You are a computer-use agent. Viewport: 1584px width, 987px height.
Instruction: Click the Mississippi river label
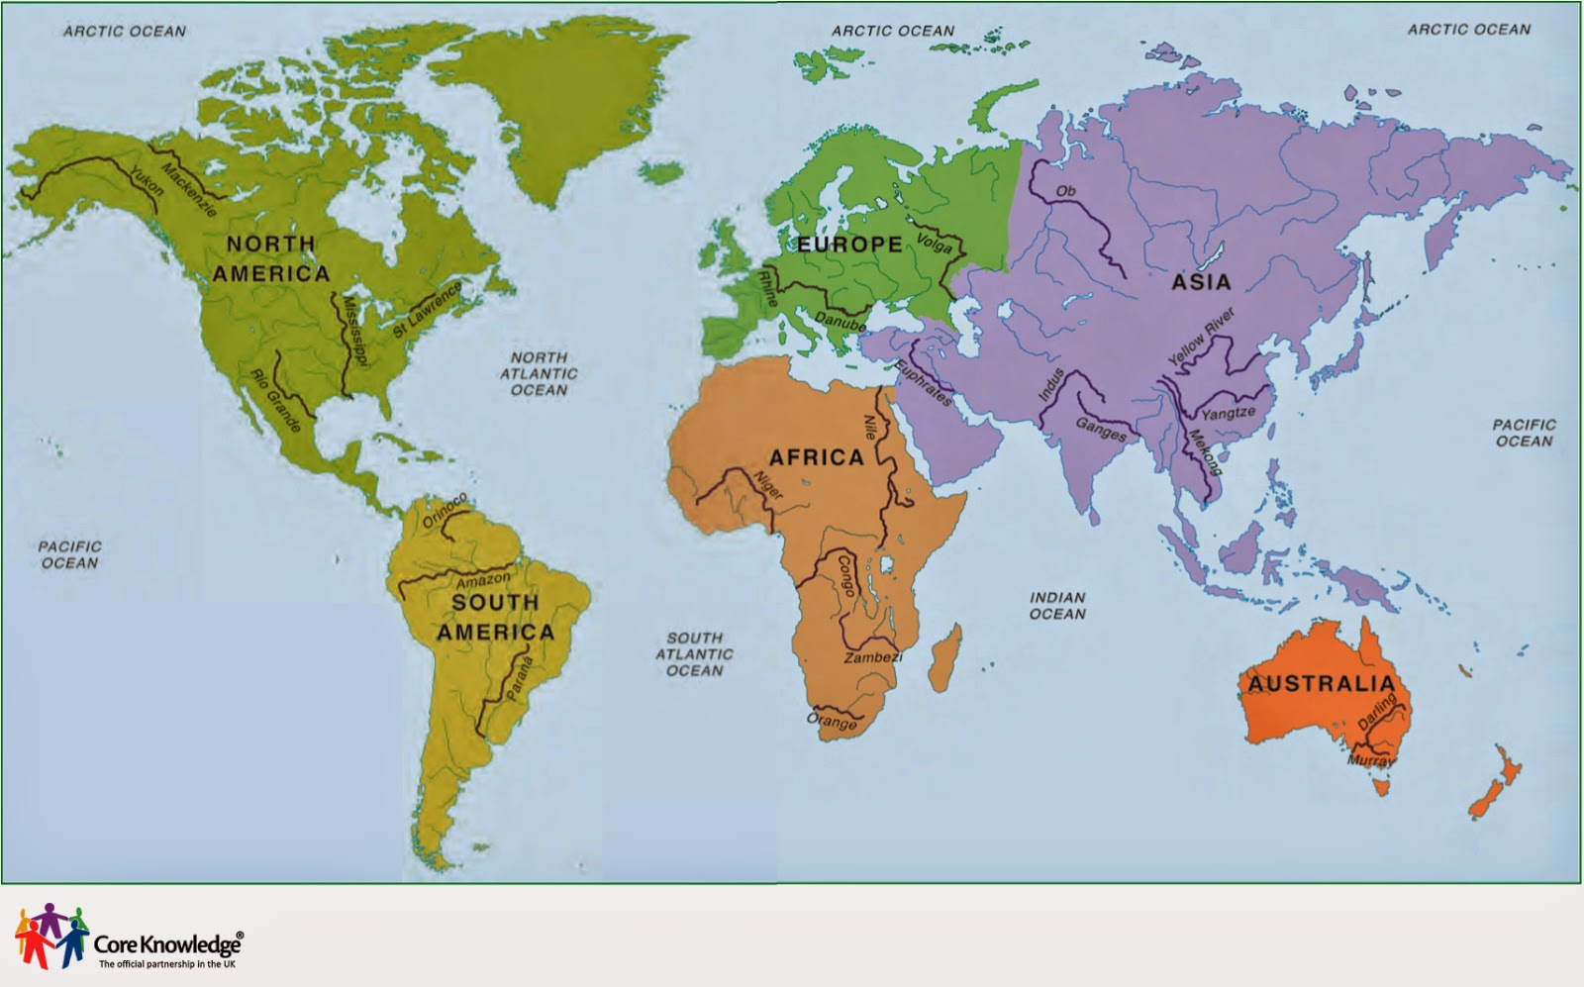pyautogui.click(x=353, y=331)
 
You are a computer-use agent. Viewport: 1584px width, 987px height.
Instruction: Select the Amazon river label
pyautogui.click(x=484, y=578)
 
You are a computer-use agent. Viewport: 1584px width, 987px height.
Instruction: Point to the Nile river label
pyautogui.click(x=870, y=427)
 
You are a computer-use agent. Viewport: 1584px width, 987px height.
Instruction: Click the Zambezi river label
pyautogui.click(x=872, y=657)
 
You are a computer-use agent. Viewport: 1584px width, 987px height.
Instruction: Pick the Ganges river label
pyautogui.click(x=1101, y=429)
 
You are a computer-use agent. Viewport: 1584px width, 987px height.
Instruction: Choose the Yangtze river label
pyautogui.click(x=1228, y=413)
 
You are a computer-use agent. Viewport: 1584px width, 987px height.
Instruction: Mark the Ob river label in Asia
pyautogui.click(x=1065, y=191)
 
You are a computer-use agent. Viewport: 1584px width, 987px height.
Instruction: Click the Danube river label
pyautogui.click(x=841, y=321)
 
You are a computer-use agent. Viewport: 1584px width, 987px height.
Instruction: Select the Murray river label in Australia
pyautogui.click(x=1370, y=761)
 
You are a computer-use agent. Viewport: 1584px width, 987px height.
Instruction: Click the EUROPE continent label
pyautogui.click(x=849, y=245)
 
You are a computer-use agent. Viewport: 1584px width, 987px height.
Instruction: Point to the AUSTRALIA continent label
pyautogui.click(x=1321, y=684)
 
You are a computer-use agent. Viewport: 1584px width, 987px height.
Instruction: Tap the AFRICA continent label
pyautogui.click(x=817, y=457)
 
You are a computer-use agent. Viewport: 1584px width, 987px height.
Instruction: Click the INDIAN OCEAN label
pyautogui.click(x=1057, y=606)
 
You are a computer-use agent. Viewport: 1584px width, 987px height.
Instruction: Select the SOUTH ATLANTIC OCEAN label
pyautogui.click(x=694, y=654)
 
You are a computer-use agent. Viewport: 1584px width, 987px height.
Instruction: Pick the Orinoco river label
pyautogui.click(x=445, y=511)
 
